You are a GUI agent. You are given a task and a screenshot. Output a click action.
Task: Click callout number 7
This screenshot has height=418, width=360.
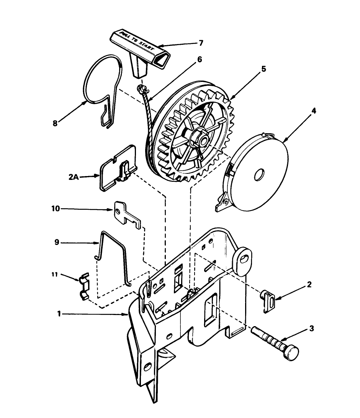200,43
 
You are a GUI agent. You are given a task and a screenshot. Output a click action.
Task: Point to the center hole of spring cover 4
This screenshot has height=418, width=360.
259,175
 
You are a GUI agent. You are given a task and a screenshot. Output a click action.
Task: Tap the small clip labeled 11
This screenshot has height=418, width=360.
84,286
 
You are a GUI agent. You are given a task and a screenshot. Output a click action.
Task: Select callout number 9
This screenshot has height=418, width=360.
57,243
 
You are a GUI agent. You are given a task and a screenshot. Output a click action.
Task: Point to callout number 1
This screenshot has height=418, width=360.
59,313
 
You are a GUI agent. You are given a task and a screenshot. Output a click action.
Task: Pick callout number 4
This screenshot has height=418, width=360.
314,111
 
